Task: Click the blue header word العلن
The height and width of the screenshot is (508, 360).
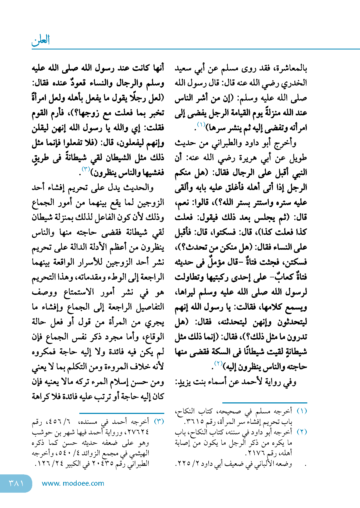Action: [x=41, y=40]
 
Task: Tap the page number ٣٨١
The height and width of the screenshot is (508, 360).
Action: [x=16, y=483]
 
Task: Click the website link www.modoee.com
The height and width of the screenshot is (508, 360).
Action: [x=73, y=483]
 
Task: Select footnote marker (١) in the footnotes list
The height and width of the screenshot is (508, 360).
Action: [x=302, y=411]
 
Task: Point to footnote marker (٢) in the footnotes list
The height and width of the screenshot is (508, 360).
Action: [x=302, y=432]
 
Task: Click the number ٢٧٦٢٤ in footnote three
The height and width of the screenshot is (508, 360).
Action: [x=138, y=432]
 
